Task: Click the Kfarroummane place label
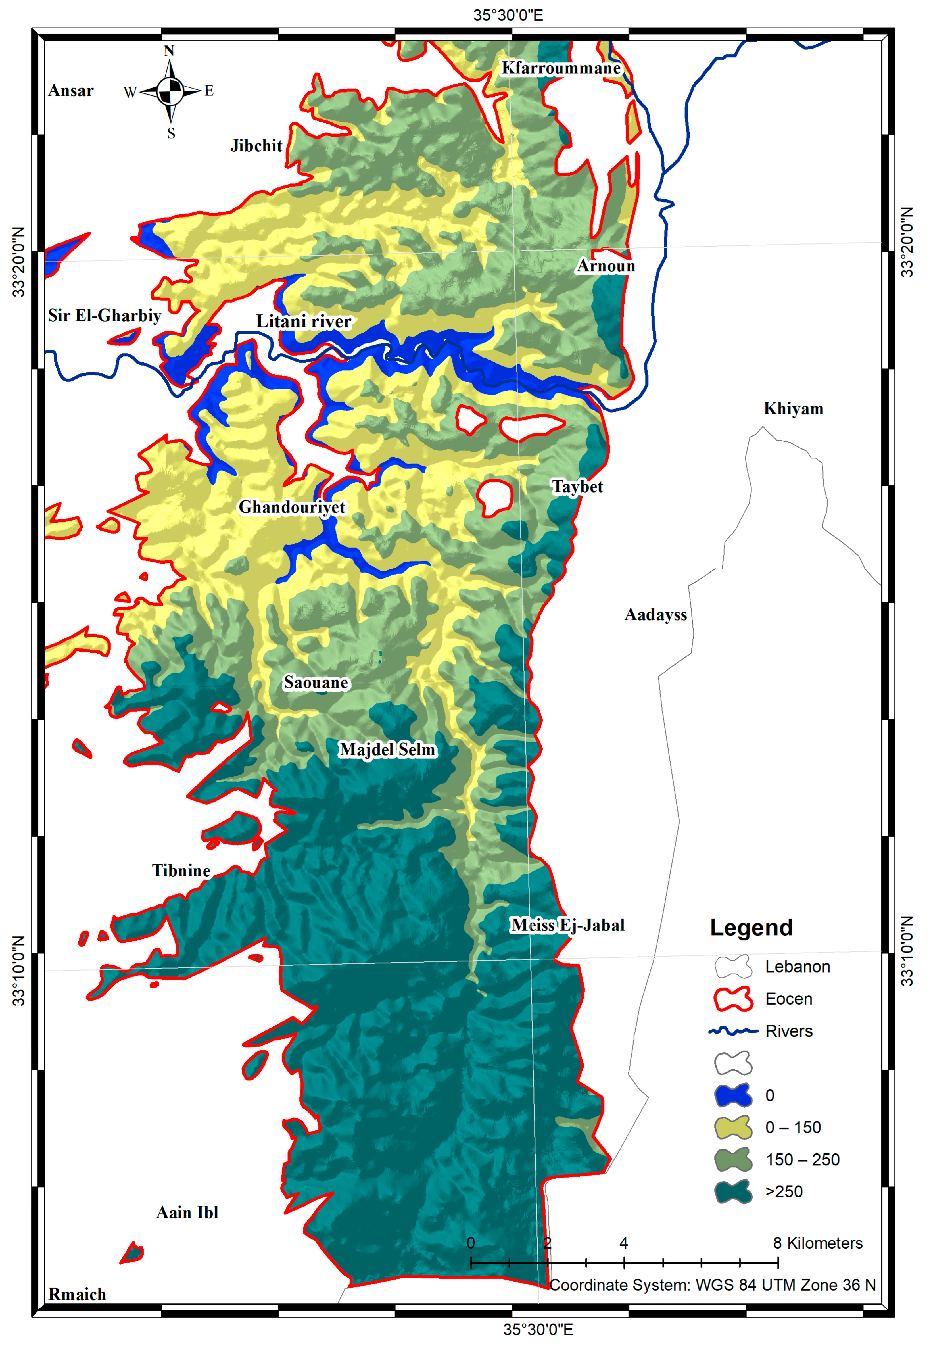click(x=561, y=68)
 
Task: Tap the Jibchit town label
click(x=256, y=145)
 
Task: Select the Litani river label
click(x=304, y=321)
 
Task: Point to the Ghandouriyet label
click(x=292, y=507)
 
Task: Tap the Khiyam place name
click(x=793, y=409)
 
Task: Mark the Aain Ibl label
click(x=187, y=1213)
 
